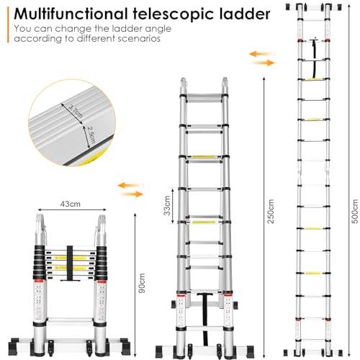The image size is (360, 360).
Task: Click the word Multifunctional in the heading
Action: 71,14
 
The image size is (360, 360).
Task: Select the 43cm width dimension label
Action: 70,204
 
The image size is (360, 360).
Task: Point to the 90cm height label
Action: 142,283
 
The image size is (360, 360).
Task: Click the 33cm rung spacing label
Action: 167,206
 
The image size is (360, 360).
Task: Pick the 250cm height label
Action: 271,212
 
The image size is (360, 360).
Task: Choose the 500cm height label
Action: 355,212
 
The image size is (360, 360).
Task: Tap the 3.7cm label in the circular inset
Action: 76,112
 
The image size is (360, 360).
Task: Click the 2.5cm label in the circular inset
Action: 91,135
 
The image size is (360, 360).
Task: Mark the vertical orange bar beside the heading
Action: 8,25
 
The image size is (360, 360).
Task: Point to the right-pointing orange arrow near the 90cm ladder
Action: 132,194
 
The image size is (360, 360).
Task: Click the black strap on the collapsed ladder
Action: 70,264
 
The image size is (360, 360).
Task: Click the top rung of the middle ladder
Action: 204,99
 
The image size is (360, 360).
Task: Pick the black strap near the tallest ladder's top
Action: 314,58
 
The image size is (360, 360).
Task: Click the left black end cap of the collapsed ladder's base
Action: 14,346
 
